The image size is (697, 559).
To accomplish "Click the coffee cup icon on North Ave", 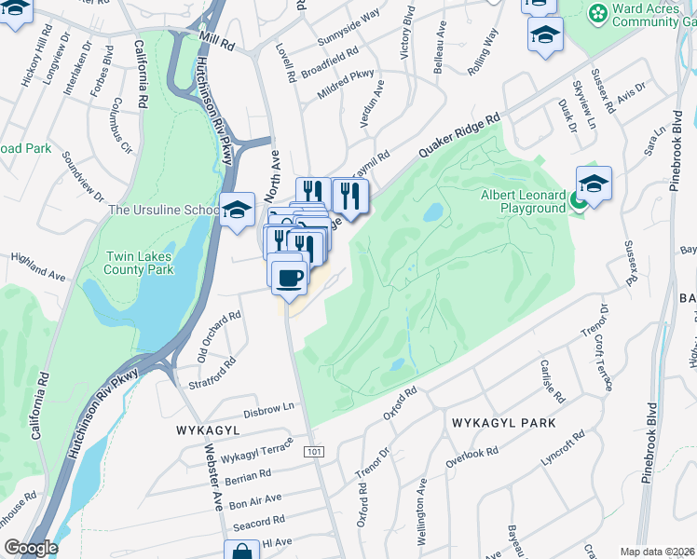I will pyautogui.click(x=290, y=276).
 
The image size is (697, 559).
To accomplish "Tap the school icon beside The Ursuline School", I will pyautogui.click(x=238, y=209).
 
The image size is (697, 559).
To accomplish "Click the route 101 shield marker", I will pyautogui.click(x=314, y=452).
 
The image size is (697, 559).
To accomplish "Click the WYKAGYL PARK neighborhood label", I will pyautogui.click(x=503, y=423).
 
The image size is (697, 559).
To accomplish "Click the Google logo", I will pyautogui.click(x=30, y=548).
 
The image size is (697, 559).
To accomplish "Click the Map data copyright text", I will pyautogui.click(x=658, y=552).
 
